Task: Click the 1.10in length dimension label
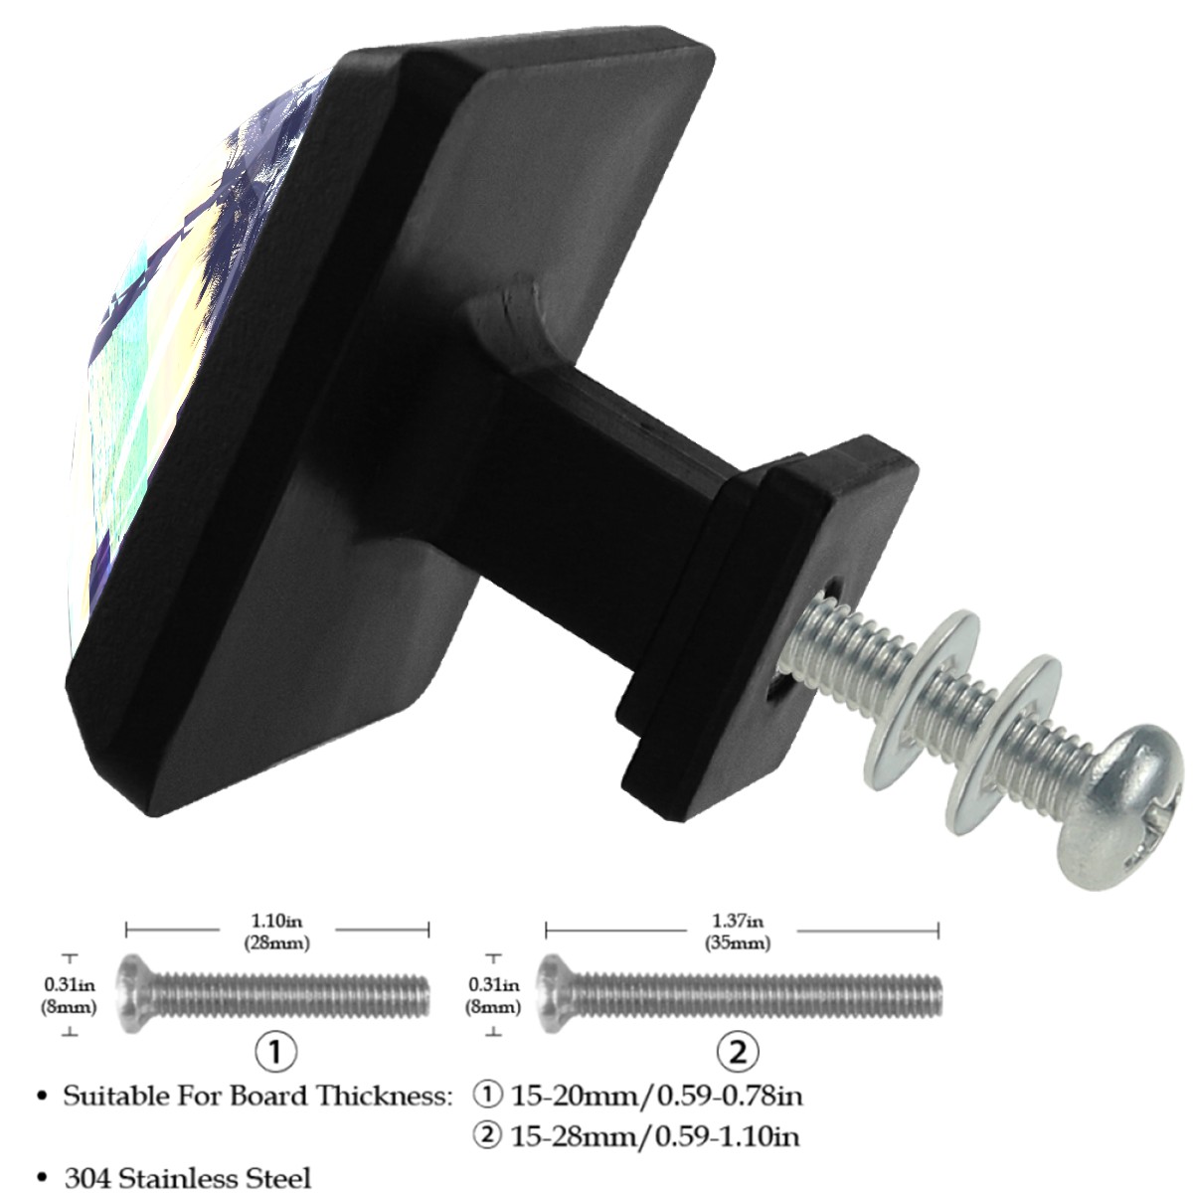pos(276,922)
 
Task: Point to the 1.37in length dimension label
pos(738,922)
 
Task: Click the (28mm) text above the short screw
pos(276,942)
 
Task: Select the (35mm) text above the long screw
pos(738,942)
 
